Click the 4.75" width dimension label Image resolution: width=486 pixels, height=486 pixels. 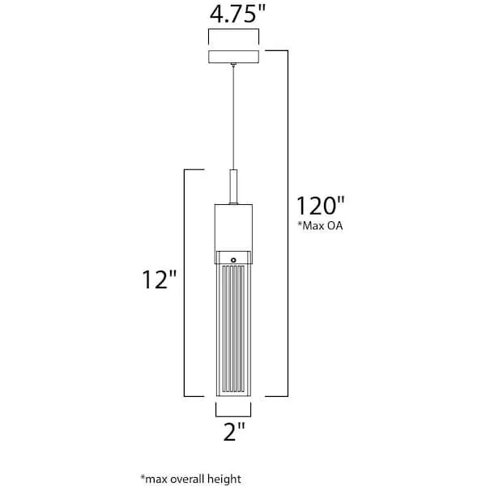tap(237, 15)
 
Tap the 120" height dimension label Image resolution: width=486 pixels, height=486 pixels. tap(321, 206)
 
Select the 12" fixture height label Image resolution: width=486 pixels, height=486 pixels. tap(160, 279)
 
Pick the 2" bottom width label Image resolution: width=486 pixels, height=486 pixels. tap(234, 432)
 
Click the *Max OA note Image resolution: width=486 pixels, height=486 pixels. tap(320, 225)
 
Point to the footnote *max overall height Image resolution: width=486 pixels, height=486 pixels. tap(190, 479)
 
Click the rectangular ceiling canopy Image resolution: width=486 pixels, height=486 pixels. tap(234, 57)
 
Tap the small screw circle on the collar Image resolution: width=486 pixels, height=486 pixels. tap(233, 260)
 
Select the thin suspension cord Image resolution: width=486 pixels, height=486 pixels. tap(233, 117)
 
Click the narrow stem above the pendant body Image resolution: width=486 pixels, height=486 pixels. tap(233, 186)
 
